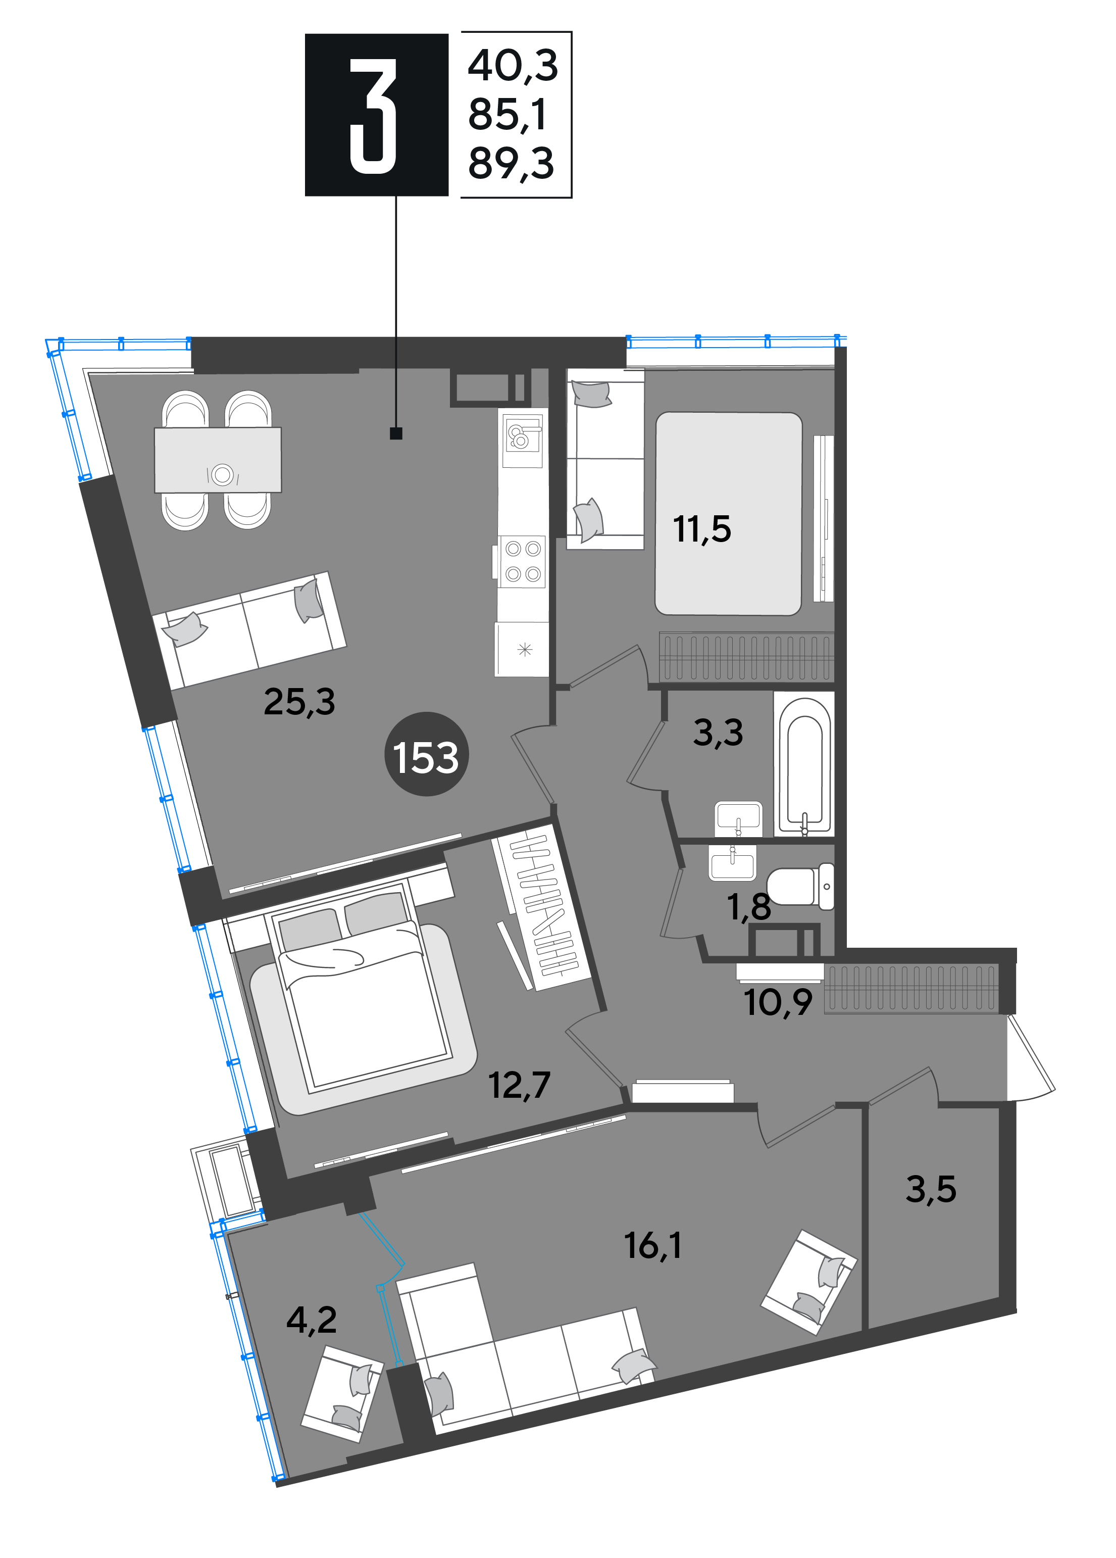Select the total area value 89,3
511,164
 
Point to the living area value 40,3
513,66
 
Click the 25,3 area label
299,702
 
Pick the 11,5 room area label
702,529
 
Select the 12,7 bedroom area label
519,1085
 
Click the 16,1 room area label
653,1245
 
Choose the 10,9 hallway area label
778,1002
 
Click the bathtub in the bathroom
804,764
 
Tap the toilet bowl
800,886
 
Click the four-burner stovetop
522,561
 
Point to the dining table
218,460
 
